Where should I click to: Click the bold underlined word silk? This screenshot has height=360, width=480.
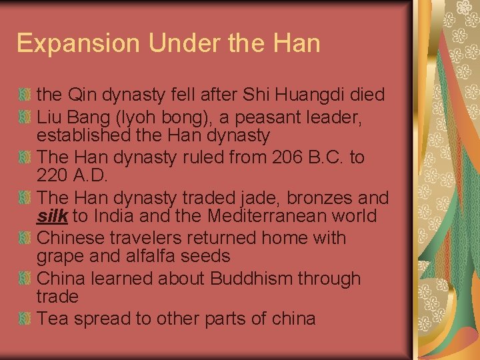click(x=53, y=216)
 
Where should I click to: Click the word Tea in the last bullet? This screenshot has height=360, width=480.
click(x=53, y=318)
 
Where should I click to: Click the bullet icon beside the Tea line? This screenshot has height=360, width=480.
click(x=25, y=318)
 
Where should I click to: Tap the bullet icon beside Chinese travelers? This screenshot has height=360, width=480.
click(x=25, y=238)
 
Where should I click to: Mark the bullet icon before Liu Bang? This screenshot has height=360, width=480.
click(x=25, y=118)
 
